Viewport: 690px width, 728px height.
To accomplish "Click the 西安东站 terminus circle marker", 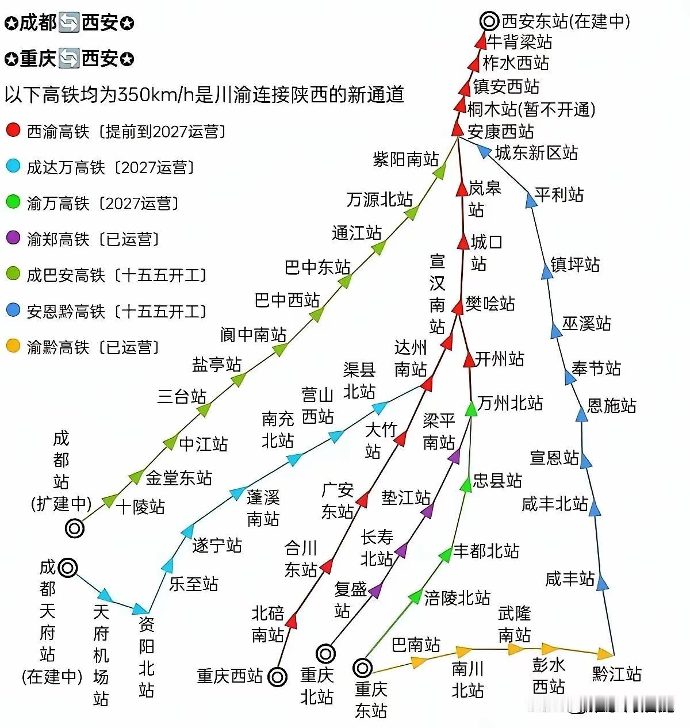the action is click(x=489, y=22).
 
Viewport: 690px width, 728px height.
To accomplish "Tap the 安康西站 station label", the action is click(x=500, y=132).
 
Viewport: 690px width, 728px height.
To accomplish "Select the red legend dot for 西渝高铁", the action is click(x=13, y=130).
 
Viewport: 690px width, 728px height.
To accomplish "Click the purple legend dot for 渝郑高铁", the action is click(x=13, y=237).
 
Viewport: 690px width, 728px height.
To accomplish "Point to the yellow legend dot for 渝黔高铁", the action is click(x=13, y=346).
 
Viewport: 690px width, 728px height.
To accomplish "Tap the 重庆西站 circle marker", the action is click(x=278, y=677).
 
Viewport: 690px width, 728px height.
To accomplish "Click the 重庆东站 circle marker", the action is click(x=362, y=668).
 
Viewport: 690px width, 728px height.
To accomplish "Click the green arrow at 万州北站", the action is click(x=471, y=409).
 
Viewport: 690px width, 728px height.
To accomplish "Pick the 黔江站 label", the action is click(x=616, y=674).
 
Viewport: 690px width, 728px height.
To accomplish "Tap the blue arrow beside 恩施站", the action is click(x=582, y=414).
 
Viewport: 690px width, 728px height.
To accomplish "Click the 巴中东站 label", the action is click(x=317, y=267).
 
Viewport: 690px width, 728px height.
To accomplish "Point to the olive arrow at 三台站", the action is click(x=204, y=409).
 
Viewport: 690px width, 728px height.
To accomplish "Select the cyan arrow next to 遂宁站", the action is click(x=187, y=531).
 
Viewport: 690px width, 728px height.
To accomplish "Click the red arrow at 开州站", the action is click(x=469, y=360).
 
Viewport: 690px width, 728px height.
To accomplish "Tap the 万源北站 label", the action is click(x=379, y=200).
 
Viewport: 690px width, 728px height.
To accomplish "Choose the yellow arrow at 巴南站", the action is click(x=419, y=661).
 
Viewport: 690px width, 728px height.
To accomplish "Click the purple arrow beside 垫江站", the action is click(x=427, y=510).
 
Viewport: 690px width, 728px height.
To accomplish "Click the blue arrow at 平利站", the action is click(x=531, y=200).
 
